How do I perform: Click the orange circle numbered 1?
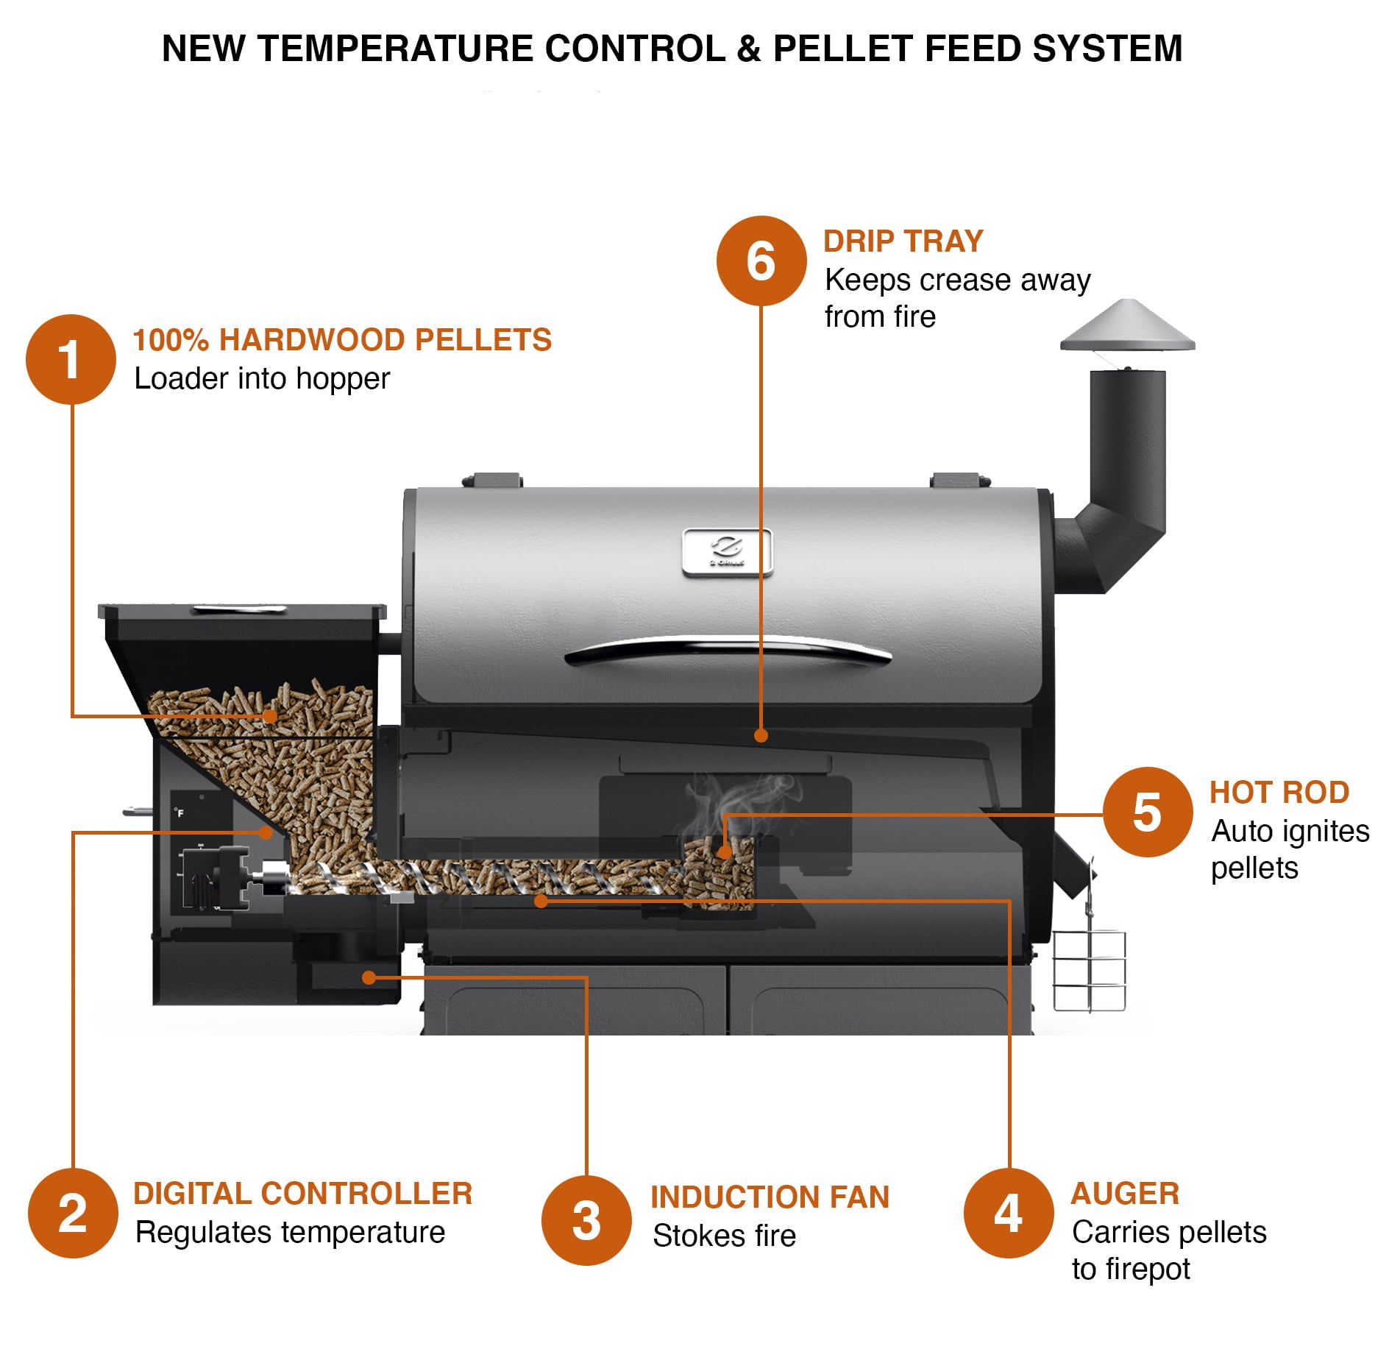(x=71, y=359)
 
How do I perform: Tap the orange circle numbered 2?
(x=73, y=1214)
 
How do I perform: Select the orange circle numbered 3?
(x=586, y=1221)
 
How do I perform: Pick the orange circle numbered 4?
(x=1009, y=1214)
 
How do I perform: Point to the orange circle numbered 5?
(x=1147, y=812)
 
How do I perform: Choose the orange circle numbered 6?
(x=761, y=261)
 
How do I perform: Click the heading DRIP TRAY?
(x=903, y=241)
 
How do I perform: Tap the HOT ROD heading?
(x=1279, y=793)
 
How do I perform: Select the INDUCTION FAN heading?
(x=770, y=1197)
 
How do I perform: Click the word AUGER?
(x=1125, y=1194)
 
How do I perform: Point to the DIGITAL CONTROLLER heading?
(x=302, y=1194)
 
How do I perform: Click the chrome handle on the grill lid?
(x=728, y=649)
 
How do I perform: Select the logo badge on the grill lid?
(x=727, y=551)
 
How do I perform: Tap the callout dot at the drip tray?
(x=761, y=735)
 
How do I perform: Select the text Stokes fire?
(x=724, y=1236)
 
